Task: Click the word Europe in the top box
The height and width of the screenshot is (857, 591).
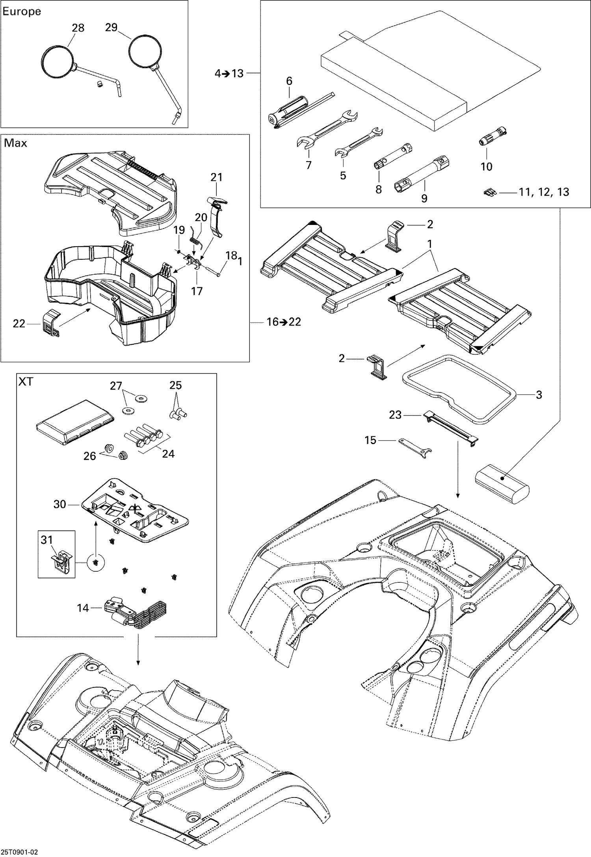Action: pos(22,11)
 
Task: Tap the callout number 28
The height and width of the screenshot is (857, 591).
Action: pos(78,28)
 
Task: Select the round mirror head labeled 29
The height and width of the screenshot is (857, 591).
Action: pos(145,51)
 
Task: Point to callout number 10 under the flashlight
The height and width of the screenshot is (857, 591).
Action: pos(487,167)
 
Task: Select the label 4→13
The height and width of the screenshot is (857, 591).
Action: pos(229,73)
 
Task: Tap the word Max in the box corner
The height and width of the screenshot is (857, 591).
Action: pos(15,143)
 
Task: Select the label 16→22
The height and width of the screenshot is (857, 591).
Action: pos(284,322)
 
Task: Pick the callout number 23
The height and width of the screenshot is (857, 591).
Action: pos(395,415)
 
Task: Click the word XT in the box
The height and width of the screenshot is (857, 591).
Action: pos(26,382)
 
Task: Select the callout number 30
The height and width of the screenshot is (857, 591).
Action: pos(59,504)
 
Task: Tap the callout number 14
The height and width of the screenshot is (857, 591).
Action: pos(83,608)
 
